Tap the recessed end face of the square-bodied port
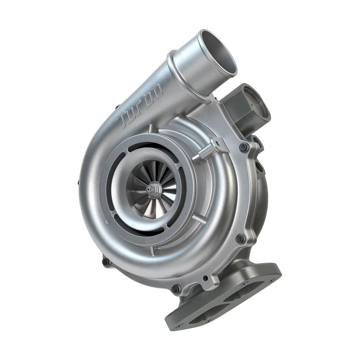point(256,103)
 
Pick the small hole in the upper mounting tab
point(217,143)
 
